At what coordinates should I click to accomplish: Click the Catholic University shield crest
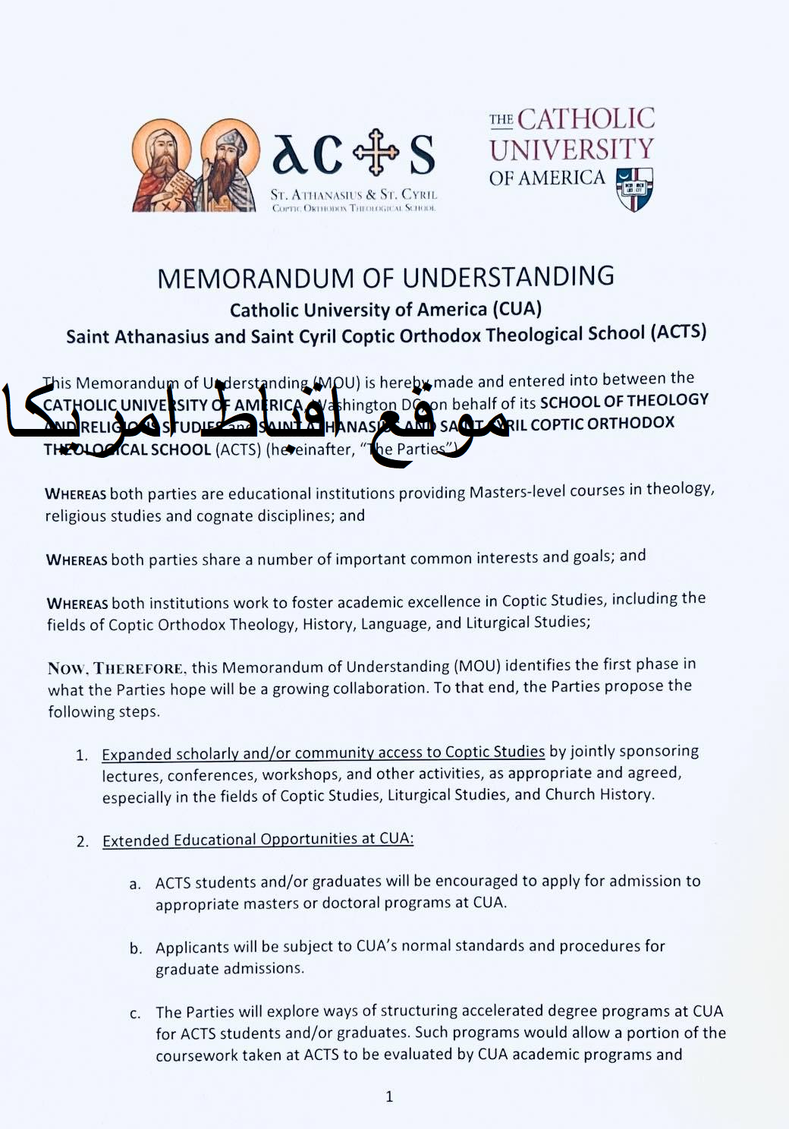[x=634, y=189]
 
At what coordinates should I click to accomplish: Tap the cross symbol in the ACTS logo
[x=376, y=152]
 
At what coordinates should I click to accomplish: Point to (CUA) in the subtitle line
[x=517, y=309]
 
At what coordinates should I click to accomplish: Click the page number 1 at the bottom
[x=389, y=1096]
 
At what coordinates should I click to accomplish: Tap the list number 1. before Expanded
[x=82, y=755]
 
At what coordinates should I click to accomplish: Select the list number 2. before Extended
[x=83, y=842]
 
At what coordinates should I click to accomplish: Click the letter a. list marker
[x=135, y=884]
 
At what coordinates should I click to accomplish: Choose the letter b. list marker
[x=136, y=948]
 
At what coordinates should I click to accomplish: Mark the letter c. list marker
[x=135, y=1014]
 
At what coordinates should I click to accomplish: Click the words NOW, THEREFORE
[x=115, y=669]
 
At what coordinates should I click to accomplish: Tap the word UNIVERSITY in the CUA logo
[x=571, y=150]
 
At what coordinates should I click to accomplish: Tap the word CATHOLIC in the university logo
[x=586, y=119]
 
